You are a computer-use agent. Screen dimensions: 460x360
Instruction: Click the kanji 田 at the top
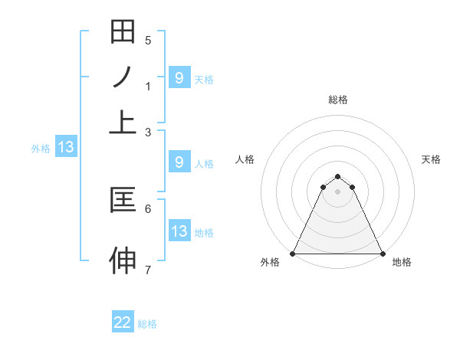tap(123, 32)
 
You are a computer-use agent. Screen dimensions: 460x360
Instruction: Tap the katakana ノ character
tap(123, 77)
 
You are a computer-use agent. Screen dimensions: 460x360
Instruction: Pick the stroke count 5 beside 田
tap(148, 41)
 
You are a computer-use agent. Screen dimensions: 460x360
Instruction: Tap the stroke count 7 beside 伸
tap(148, 270)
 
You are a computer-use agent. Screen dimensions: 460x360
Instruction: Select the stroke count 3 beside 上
tap(148, 132)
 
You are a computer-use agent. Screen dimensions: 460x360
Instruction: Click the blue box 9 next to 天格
tap(179, 77)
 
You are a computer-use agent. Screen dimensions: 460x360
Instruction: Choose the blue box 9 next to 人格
tap(179, 162)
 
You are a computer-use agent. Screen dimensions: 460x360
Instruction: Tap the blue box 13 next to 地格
tap(179, 231)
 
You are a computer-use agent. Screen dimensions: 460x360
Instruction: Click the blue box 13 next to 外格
tap(65, 148)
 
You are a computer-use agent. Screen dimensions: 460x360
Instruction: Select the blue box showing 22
tap(123, 322)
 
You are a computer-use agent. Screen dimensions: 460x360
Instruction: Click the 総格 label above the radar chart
tap(338, 100)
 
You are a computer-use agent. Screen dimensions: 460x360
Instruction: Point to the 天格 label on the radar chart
tap(431, 159)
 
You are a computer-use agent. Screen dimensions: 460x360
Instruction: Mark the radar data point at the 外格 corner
tap(293, 253)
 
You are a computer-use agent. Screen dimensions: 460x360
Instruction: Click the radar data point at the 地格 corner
tap(383, 253)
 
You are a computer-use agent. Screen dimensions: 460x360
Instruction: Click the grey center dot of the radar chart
tap(338, 191)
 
